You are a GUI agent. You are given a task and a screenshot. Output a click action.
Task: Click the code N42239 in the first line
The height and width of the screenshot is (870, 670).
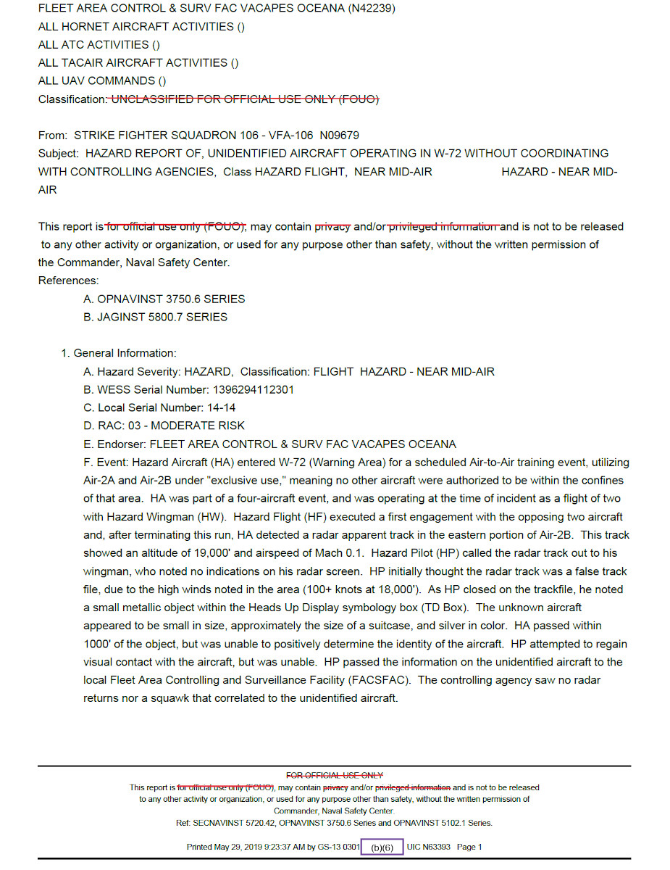[x=369, y=9]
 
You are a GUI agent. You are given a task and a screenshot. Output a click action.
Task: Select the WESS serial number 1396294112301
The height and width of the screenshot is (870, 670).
[x=253, y=389]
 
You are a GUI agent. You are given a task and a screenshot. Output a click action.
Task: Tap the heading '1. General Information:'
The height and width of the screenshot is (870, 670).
[x=119, y=353]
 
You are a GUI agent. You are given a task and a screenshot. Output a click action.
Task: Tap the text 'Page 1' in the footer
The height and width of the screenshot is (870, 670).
[x=469, y=847]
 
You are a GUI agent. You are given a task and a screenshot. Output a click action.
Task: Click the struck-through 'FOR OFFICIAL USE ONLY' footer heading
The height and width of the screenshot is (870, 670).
[x=335, y=776]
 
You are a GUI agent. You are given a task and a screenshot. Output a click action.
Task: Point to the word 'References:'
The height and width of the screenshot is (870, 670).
[x=69, y=281]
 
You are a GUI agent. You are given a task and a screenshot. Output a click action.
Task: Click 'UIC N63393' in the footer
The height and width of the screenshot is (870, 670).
[x=429, y=847]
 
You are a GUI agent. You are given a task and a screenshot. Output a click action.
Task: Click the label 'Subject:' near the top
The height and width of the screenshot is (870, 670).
[x=59, y=154]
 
